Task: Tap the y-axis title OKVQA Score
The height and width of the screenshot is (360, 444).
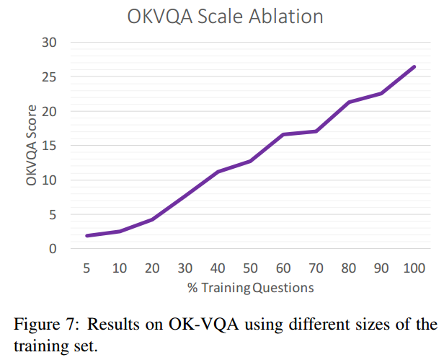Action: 32,144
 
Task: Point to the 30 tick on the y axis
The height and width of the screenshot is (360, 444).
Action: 48,43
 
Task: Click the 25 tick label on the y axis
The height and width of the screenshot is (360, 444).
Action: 48,77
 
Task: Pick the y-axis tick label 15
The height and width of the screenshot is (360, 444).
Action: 48,146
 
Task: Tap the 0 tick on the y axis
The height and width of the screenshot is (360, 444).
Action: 52,249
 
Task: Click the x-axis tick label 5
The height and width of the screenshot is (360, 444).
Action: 87,268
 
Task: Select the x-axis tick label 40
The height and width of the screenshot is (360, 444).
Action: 218,268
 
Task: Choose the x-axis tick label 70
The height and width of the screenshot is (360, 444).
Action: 316,268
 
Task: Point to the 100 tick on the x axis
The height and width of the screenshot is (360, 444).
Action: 414,268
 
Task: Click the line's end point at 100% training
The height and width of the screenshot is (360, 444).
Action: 414,67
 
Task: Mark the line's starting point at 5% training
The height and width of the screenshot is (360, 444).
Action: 87,236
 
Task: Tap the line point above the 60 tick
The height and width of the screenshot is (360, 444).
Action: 283,134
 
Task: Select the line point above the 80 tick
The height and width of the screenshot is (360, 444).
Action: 348,102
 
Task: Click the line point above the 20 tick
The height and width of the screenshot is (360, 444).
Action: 152,219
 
